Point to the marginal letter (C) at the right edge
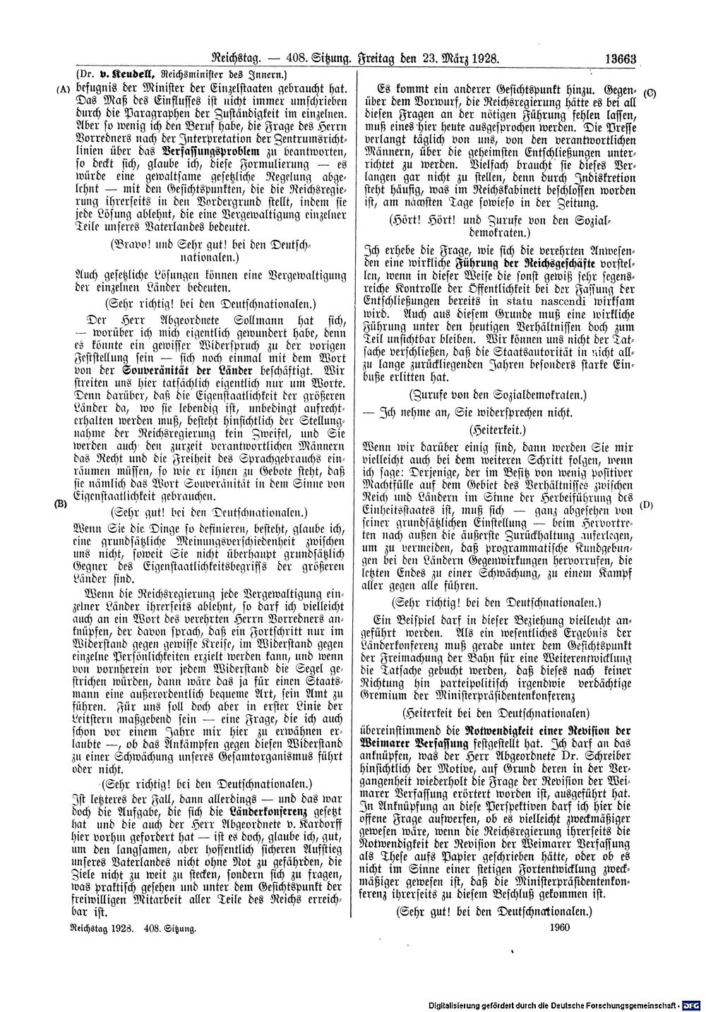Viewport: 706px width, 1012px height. [650, 92]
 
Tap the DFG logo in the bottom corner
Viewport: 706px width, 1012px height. [694, 1003]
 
